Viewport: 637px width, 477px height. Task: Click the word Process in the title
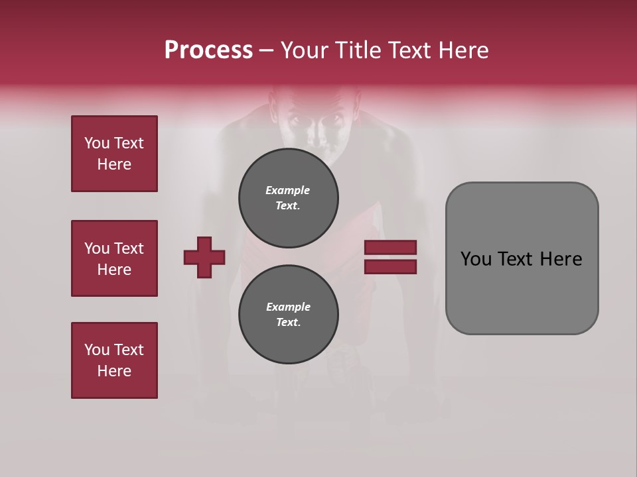tap(208, 50)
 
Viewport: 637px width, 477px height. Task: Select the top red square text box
tap(114, 154)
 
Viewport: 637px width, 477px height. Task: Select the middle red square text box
tap(114, 258)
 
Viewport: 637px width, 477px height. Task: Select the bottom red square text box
tap(114, 360)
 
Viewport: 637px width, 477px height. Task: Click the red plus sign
tap(204, 257)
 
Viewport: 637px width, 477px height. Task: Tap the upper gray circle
tap(288, 198)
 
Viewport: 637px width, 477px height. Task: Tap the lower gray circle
tap(288, 315)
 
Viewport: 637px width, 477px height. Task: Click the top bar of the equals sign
tap(390, 247)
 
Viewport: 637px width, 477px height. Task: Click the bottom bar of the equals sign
tap(390, 267)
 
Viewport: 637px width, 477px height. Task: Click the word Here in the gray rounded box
tap(561, 259)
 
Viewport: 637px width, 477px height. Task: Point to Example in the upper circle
tap(287, 190)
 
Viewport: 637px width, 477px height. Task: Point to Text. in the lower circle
tap(288, 323)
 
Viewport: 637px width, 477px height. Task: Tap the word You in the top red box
tap(96, 143)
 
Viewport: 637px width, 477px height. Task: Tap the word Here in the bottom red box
tap(114, 371)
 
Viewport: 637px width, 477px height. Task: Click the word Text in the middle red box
tap(129, 248)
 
